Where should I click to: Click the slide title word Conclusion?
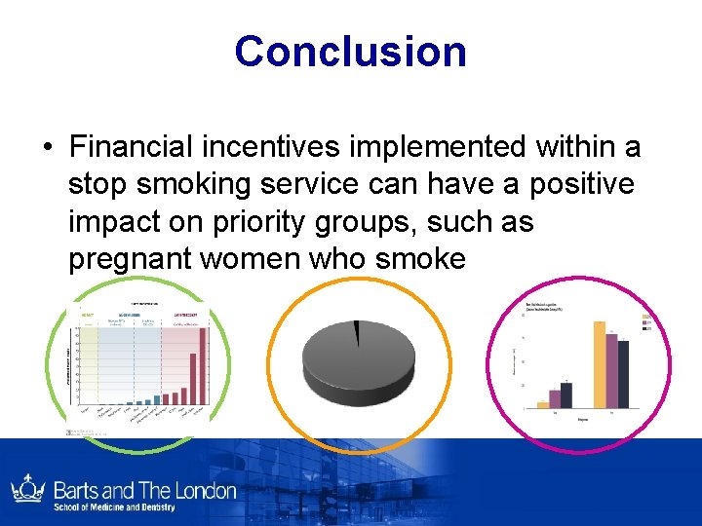[350, 51]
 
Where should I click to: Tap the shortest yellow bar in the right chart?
[543, 403]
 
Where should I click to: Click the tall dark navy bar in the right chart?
[623, 373]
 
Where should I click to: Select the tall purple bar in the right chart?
[611, 369]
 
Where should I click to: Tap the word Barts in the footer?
[76, 489]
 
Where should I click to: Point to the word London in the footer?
[202, 489]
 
